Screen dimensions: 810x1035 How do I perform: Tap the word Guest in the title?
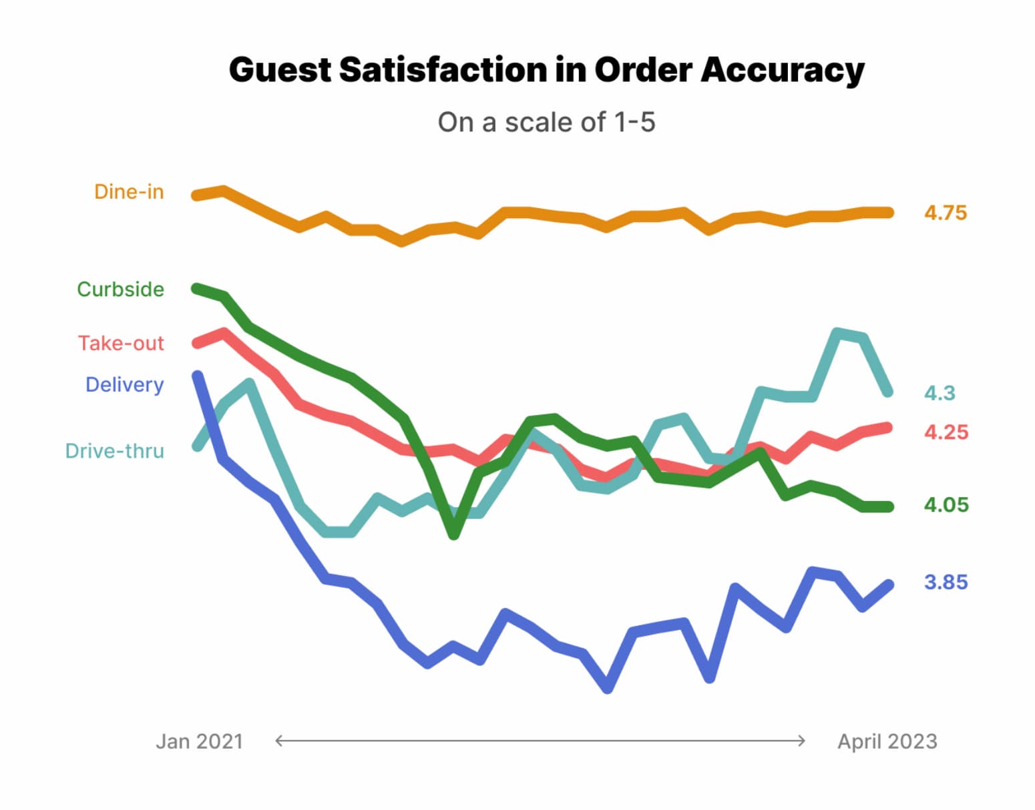279,70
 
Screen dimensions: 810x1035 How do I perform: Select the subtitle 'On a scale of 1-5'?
546,123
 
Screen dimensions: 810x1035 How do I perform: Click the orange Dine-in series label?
129,192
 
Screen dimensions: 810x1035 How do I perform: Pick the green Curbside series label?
120,290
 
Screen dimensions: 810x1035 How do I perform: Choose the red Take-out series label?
121,344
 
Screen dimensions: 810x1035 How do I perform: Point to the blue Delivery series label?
124,385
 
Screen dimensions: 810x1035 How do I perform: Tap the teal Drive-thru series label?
114,452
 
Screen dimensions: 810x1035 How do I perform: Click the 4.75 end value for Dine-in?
945,214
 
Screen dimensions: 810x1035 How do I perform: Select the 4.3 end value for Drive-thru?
940,394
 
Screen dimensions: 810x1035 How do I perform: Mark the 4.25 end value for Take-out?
946,432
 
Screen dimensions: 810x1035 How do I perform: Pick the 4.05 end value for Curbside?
946,505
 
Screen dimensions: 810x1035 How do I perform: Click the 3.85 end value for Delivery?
945,582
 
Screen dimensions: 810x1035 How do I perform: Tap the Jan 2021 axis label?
199,742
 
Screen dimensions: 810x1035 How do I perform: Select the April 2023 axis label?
887,742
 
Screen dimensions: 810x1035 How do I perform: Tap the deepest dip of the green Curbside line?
453,534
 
